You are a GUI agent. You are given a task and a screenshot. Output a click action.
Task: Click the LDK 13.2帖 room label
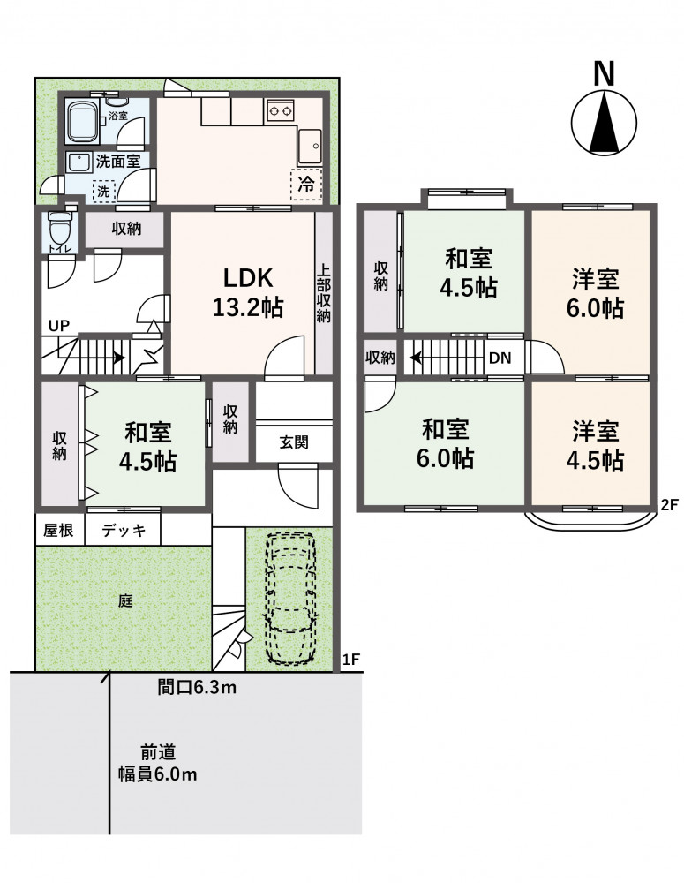pos(248,293)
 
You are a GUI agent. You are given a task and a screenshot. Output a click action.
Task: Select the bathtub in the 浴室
pos(83,120)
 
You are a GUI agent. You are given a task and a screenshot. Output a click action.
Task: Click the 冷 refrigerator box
pos(305,184)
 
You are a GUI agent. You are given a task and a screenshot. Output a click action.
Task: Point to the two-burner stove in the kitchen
pos(280,109)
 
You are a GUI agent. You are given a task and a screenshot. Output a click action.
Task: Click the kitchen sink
pos(309,147)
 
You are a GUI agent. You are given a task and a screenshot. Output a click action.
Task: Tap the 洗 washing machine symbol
pos(103,192)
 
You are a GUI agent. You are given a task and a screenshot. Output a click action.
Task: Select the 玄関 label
pos(294,442)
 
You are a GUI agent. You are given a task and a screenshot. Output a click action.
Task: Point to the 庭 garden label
pos(125,600)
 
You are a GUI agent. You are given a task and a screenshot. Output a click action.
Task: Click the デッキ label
pos(124,531)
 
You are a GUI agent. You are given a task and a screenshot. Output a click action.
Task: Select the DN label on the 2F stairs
pos(500,358)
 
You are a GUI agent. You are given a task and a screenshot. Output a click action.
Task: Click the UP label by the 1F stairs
pos(59,326)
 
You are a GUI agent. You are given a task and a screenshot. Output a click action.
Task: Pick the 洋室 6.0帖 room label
pos(595,293)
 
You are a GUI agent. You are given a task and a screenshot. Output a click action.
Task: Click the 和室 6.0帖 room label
pos(445,444)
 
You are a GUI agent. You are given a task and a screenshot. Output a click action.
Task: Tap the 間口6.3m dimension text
pos(197,688)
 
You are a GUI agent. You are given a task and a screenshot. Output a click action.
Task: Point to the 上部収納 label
pos(323,293)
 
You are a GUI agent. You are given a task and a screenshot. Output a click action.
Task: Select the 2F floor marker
pos(669,504)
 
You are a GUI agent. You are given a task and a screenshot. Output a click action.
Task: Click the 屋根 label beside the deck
pos(58,531)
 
